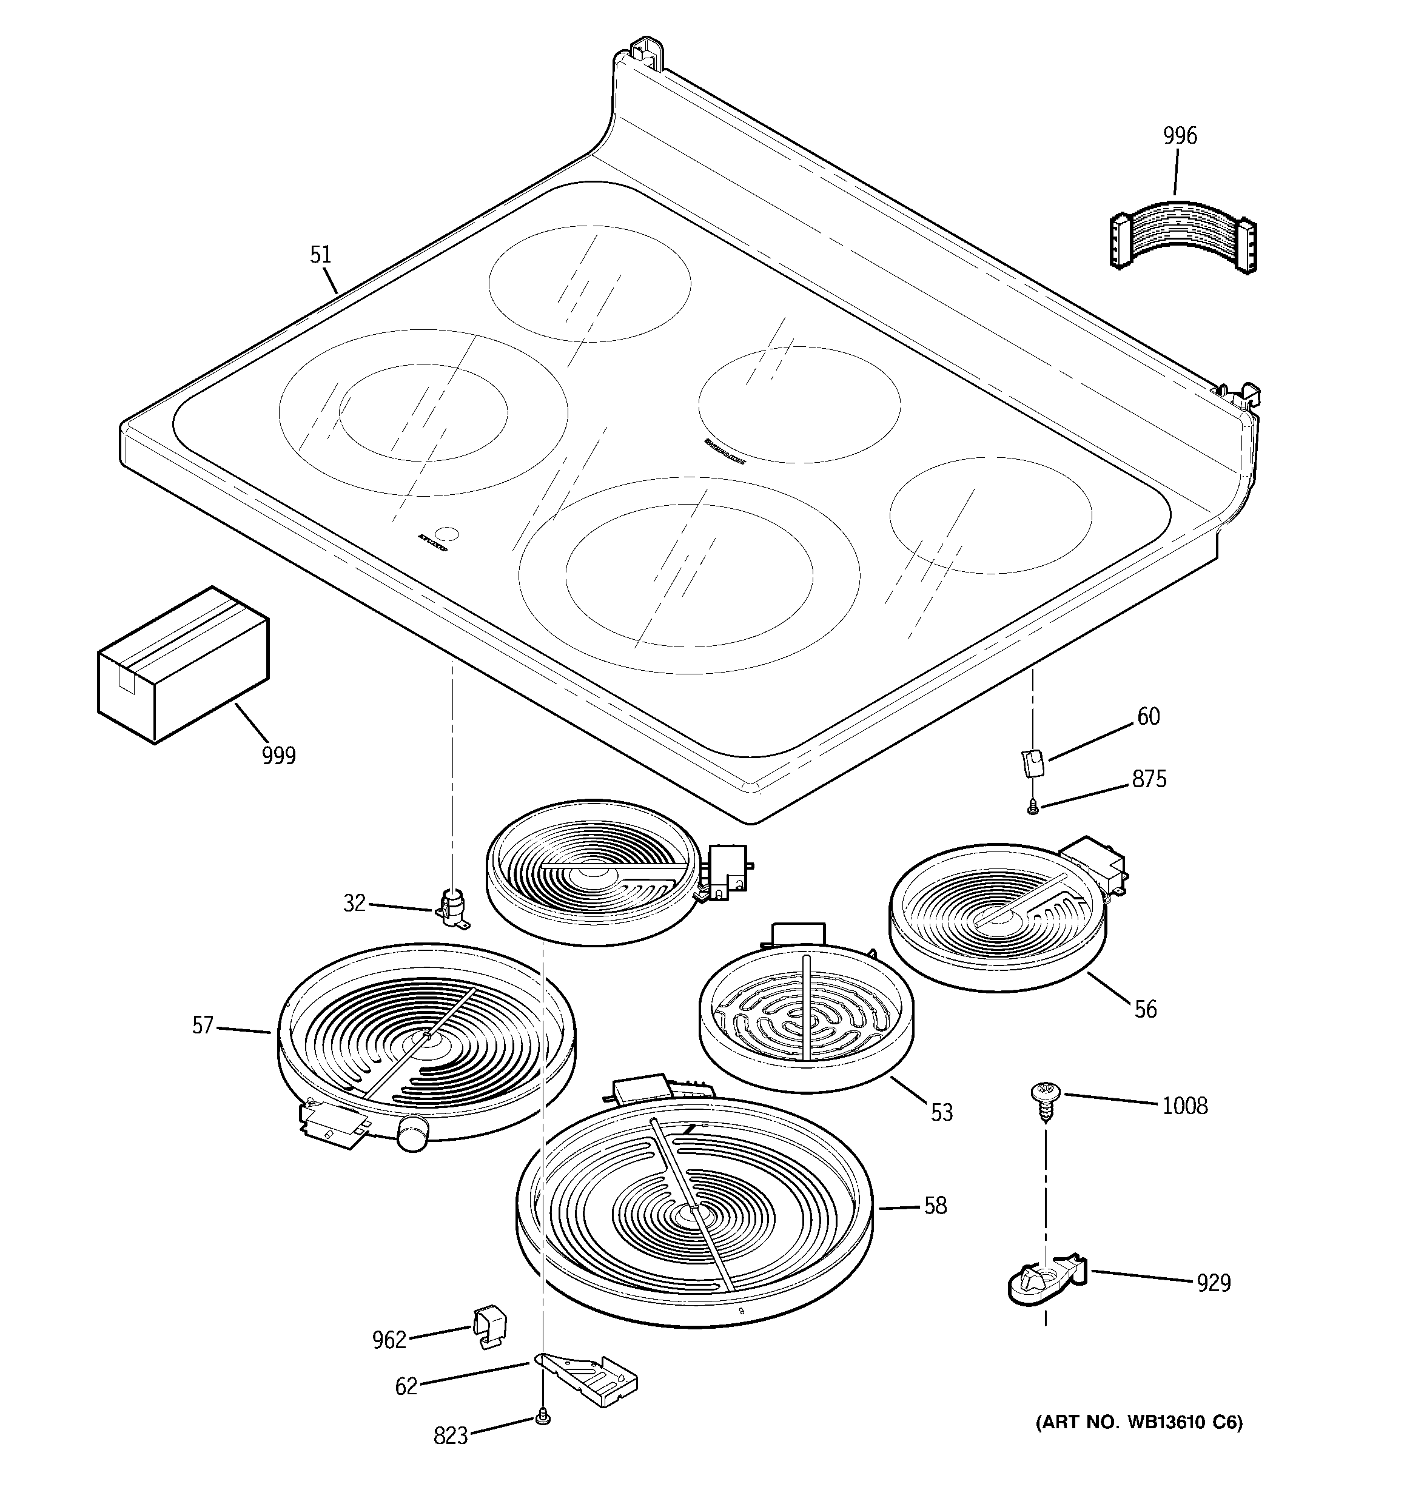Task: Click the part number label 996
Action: point(1180,136)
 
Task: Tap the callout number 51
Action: point(321,255)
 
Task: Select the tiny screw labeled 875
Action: point(1032,808)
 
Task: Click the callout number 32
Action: point(354,903)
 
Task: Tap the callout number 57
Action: point(203,1026)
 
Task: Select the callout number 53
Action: point(941,1112)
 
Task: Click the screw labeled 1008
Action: point(1044,1097)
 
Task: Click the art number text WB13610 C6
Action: point(1138,1423)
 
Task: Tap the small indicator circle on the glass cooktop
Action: point(449,534)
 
